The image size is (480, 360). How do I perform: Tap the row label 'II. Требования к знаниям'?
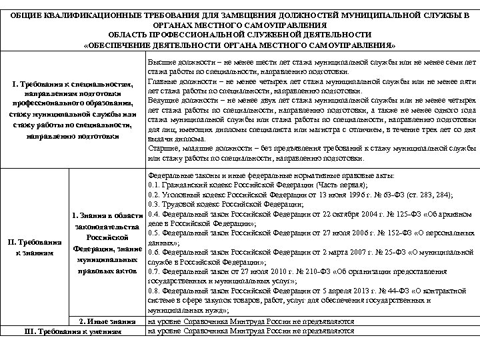point(35,245)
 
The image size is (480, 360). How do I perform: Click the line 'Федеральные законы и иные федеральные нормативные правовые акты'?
point(271,175)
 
